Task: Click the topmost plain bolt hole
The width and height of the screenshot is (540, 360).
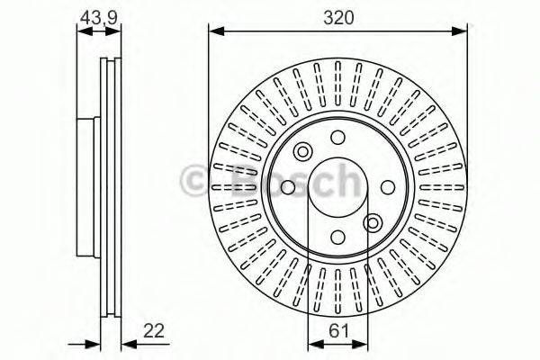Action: [x=337, y=138]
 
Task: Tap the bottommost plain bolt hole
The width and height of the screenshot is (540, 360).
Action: [x=337, y=238]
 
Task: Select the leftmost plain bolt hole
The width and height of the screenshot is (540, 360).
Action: [x=288, y=187]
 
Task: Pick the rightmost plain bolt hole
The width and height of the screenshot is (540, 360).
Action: [x=388, y=187]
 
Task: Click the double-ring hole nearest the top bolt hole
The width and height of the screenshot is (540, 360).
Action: [x=302, y=151]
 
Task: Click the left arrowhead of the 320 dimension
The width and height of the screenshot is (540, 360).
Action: [x=214, y=31]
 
